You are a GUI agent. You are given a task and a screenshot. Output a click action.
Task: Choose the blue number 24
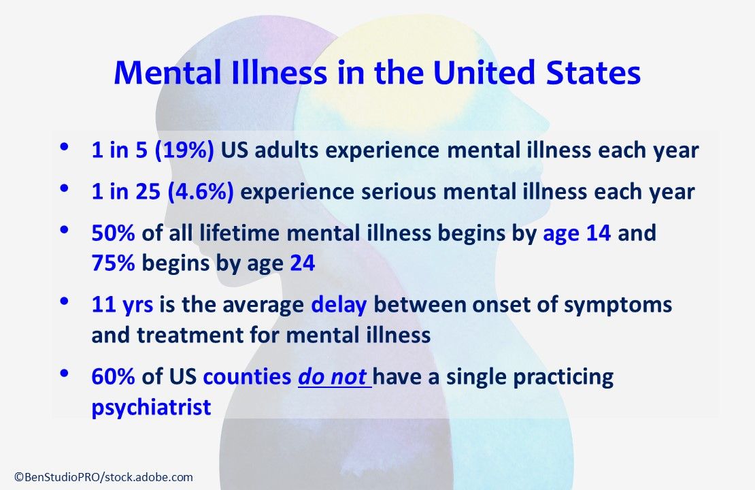tap(303, 263)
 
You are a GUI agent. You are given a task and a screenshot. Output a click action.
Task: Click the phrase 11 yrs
tap(122, 305)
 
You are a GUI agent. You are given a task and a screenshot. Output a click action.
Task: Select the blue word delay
tap(338, 305)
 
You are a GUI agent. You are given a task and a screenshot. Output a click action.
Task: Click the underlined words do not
tap(333, 377)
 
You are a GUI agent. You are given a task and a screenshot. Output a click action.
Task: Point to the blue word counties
tap(247, 377)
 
